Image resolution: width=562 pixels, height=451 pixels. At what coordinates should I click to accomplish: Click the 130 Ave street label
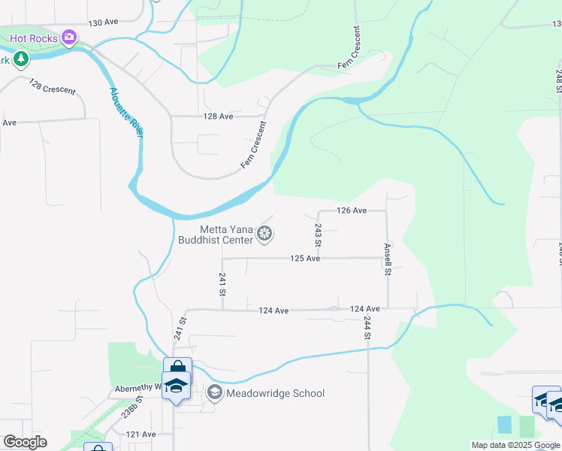pos(104,24)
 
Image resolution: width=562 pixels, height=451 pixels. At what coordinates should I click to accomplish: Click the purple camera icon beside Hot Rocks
pos(69,36)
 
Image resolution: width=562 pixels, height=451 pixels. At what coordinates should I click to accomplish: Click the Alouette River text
pos(126,113)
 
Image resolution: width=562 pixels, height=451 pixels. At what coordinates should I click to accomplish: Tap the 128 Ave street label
pos(219,117)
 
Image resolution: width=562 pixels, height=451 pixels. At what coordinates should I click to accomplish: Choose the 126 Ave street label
pos(352,210)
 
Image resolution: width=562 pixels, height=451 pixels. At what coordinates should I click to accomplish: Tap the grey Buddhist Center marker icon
pos(264,234)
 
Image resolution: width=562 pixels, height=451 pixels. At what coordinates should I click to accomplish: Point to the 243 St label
pos(318,235)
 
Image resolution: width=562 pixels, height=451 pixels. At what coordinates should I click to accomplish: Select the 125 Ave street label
pos(306,259)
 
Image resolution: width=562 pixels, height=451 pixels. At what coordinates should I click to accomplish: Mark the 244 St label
pos(367,328)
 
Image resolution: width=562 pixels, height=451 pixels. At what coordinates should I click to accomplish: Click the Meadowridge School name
pos(276,393)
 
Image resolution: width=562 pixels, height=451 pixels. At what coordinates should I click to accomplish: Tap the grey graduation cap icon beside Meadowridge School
pos(214,392)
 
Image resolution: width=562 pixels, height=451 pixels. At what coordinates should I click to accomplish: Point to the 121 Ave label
pos(140,434)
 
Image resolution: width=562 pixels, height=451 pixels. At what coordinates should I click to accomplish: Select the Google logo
pos(26,442)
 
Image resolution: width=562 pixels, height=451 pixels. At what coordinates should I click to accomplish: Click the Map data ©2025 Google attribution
pos(515,445)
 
